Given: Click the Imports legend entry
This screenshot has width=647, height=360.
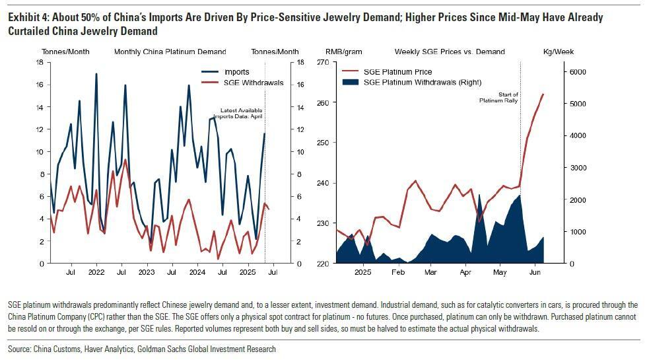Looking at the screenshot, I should (x=236, y=71).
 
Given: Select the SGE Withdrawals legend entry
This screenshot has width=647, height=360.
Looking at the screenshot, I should (x=254, y=83).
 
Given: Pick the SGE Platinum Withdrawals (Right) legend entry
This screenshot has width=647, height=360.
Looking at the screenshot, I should (x=423, y=82).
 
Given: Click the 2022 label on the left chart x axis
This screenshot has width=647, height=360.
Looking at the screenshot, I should (x=96, y=271).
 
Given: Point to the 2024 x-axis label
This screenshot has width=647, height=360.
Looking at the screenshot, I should (x=197, y=271).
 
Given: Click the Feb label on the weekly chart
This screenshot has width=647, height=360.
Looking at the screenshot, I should (x=397, y=271).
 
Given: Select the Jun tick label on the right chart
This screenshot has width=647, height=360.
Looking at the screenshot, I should (x=535, y=271).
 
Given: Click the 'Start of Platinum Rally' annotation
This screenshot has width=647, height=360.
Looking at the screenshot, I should (x=499, y=98).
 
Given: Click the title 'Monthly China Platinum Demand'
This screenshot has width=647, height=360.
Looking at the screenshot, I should (x=170, y=52).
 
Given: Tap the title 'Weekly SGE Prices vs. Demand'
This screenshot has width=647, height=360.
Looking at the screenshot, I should (x=450, y=52).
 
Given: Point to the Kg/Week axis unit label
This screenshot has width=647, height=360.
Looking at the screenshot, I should (x=558, y=52).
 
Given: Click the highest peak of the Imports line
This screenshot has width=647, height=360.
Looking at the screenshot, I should (x=96, y=74).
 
